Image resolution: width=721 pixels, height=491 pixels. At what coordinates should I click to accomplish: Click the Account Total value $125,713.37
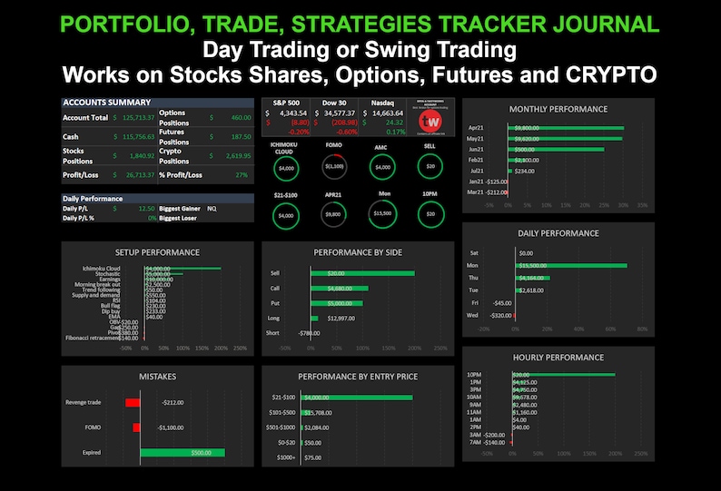click(x=133, y=118)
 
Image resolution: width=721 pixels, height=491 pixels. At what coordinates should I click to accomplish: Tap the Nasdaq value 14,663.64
click(x=388, y=113)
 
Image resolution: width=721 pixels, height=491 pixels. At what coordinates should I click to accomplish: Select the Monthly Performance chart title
click(x=558, y=109)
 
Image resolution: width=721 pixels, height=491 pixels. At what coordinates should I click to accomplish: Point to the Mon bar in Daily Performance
click(x=569, y=266)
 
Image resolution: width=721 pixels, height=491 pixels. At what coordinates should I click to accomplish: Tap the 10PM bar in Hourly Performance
click(x=562, y=375)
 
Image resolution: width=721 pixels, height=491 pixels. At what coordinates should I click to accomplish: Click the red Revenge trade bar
click(x=133, y=402)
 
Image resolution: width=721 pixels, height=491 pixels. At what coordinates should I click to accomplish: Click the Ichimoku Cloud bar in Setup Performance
click(x=183, y=268)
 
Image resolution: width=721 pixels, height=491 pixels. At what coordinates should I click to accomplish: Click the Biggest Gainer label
click(x=179, y=208)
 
